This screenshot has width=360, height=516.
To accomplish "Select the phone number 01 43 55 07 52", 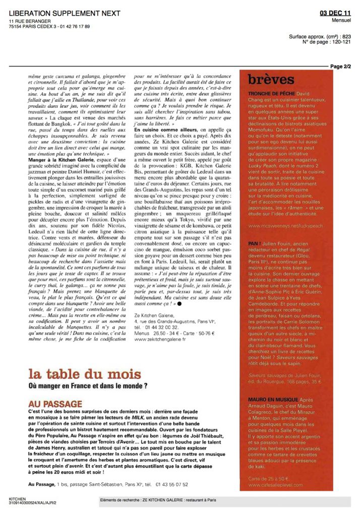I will [171, 484].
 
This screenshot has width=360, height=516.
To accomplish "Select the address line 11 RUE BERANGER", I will [30, 21].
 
